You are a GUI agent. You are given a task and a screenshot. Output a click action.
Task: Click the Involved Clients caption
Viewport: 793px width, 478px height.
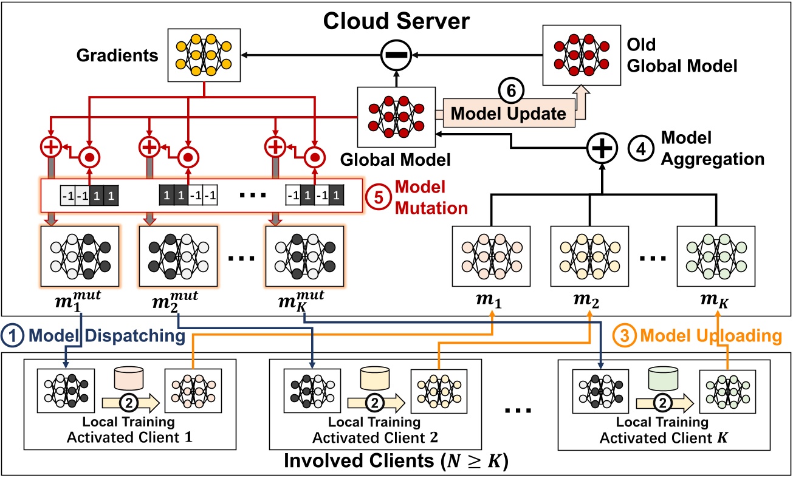point(396,462)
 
